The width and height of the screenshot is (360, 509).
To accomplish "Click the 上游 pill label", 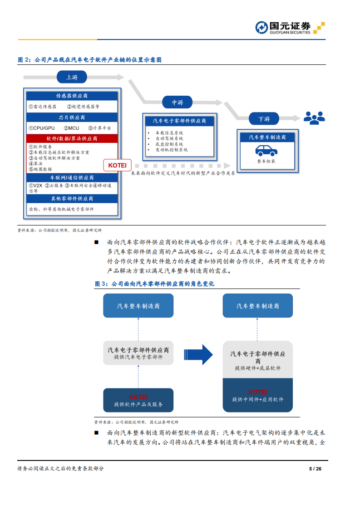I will click(72, 77).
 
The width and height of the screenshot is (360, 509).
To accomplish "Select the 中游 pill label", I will click(177, 103).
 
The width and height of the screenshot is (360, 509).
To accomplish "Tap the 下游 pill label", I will click(264, 119).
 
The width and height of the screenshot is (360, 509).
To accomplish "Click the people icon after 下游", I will click(314, 118).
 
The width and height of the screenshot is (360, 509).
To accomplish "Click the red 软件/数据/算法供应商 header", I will click(72, 138).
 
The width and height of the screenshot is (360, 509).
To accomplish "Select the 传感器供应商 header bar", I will click(72, 96).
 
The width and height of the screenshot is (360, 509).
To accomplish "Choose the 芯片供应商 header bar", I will click(72, 117).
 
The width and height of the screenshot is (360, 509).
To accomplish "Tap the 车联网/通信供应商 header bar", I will click(72, 178).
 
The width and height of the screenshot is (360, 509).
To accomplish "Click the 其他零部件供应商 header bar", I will click(72, 199).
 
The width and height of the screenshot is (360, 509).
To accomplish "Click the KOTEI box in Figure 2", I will click(117, 165).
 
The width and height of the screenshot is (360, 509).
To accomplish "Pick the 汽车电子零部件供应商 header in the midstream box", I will click(179, 121).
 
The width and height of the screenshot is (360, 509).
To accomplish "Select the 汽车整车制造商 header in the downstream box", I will click(267, 137).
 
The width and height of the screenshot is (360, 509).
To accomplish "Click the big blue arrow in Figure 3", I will click(198, 354).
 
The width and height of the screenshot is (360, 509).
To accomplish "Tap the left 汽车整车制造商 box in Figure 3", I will click(138, 306).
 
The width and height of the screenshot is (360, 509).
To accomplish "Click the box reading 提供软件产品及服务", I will click(138, 400).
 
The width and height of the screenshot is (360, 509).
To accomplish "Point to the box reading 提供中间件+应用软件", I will click(257, 396).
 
